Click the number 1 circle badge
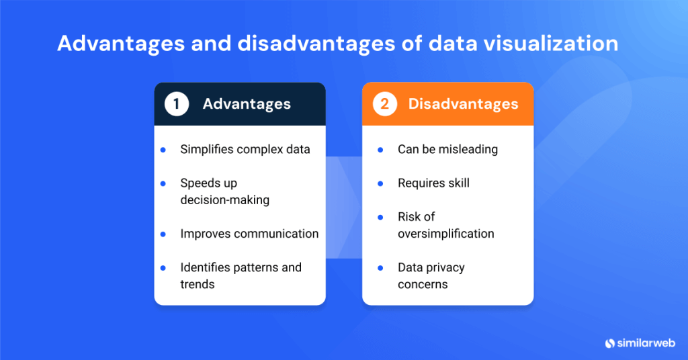[176, 104]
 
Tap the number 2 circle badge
[384, 104]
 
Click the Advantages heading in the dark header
[247, 104]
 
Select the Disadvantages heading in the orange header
[463, 104]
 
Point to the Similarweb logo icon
[610, 343]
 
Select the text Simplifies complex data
[245, 149]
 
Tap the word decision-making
[224, 200]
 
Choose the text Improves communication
[249, 234]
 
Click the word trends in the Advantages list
[197, 284]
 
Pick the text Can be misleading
[447, 149]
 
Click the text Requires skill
[433, 183]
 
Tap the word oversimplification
[445, 234]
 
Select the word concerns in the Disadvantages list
[423, 284]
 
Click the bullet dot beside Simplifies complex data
[163, 150]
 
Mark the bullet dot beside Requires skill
[380, 183]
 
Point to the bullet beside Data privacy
[380, 268]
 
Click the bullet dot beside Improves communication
[163, 234]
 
